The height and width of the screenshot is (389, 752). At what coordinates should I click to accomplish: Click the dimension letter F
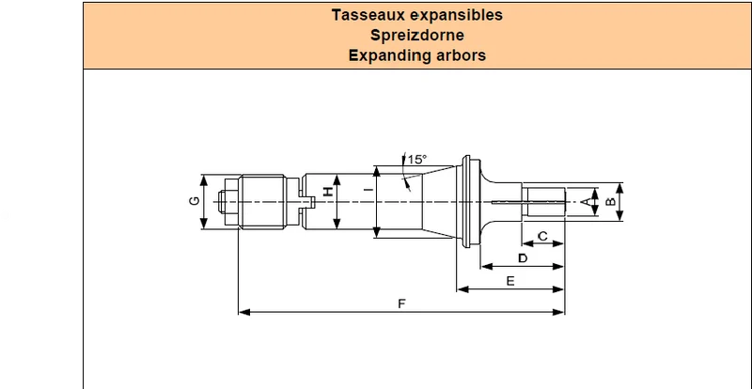click(x=402, y=303)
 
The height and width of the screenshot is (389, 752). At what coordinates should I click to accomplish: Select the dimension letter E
click(x=510, y=281)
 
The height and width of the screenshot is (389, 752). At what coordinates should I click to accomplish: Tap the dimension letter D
click(x=523, y=258)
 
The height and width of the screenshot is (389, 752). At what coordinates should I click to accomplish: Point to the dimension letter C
click(x=543, y=236)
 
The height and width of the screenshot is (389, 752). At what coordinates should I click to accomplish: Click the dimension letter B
click(x=610, y=202)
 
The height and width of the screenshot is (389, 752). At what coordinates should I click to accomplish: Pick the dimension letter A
click(x=586, y=202)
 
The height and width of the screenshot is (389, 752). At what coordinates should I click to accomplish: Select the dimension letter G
click(x=195, y=201)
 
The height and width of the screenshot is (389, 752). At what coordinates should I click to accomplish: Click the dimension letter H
click(x=327, y=192)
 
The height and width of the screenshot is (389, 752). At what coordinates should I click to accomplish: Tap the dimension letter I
click(x=368, y=191)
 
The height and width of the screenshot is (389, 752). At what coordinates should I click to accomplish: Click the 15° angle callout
click(x=416, y=159)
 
